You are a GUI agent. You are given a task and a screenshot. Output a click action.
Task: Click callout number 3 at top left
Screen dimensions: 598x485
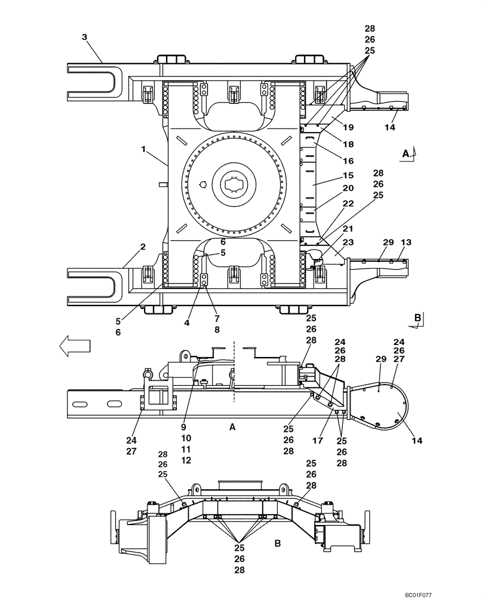click(85, 37)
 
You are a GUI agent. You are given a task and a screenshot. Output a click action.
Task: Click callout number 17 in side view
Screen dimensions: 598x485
click(318, 441)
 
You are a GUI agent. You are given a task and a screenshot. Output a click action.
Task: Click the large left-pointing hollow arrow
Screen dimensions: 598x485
click(75, 345)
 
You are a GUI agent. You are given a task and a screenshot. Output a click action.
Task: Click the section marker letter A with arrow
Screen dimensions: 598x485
click(407, 154)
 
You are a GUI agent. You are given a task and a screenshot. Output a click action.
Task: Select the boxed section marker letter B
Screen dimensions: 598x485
click(418, 318)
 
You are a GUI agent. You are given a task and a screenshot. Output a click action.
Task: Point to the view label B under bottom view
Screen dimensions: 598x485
click(277, 543)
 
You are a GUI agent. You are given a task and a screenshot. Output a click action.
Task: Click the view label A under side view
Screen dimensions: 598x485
click(232, 427)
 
